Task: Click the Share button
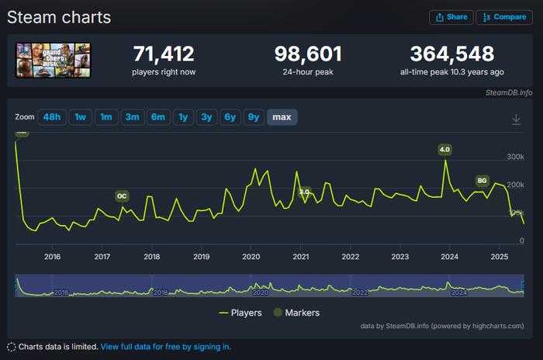click(x=451, y=17)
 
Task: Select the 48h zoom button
click(x=51, y=117)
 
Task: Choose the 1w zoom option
click(x=80, y=117)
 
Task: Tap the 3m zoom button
click(x=132, y=117)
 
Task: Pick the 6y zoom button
click(x=229, y=117)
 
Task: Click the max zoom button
click(x=282, y=117)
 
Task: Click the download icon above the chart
click(x=516, y=119)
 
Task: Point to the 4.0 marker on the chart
click(x=444, y=149)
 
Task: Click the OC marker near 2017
click(x=122, y=196)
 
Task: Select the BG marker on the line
click(x=482, y=181)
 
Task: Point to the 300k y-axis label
click(x=516, y=157)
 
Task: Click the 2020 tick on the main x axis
click(x=251, y=257)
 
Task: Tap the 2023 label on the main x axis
click(x=399, y=257)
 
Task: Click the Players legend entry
click(x=240, y=313)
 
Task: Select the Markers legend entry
click(x=296, y=313)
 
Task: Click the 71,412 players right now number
click(x=164, y=54)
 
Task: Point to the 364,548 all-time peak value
click(x=452, y=54)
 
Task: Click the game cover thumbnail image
click(x=53, y=60)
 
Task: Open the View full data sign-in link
click(x=165, y=347)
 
